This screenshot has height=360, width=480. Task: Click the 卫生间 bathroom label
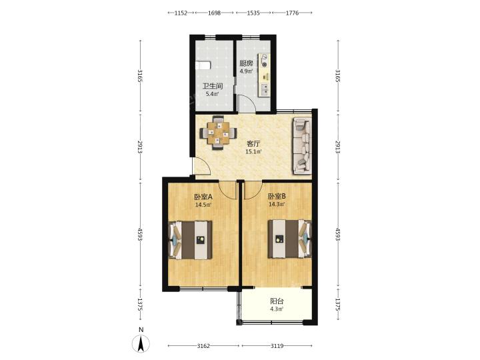tap(213, 86)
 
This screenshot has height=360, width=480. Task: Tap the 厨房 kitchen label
tap(246, 63)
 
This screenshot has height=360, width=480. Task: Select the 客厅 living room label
tap(253, 143)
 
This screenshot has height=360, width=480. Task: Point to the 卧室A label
tap(203, 197)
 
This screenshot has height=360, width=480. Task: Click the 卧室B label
tap(277, 196)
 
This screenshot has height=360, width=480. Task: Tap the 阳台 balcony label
tap(277, 301)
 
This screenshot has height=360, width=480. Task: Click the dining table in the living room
tap(218, 133)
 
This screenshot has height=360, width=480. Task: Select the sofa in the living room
tap(303, 146)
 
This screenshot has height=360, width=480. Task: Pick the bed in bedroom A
tap(191, 240)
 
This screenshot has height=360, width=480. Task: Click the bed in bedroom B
tap(289, 239)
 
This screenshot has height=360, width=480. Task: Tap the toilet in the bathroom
tap(203, 65)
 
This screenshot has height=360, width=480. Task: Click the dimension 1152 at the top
tap(181, 13)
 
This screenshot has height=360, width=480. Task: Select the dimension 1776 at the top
tap(292, 13)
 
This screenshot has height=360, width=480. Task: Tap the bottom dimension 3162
tap(203, 346)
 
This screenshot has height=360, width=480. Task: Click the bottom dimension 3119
tap(277, 346)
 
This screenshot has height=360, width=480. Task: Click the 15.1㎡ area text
tap(253, 151)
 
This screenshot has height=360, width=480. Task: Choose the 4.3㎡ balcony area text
tap(277, 309)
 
